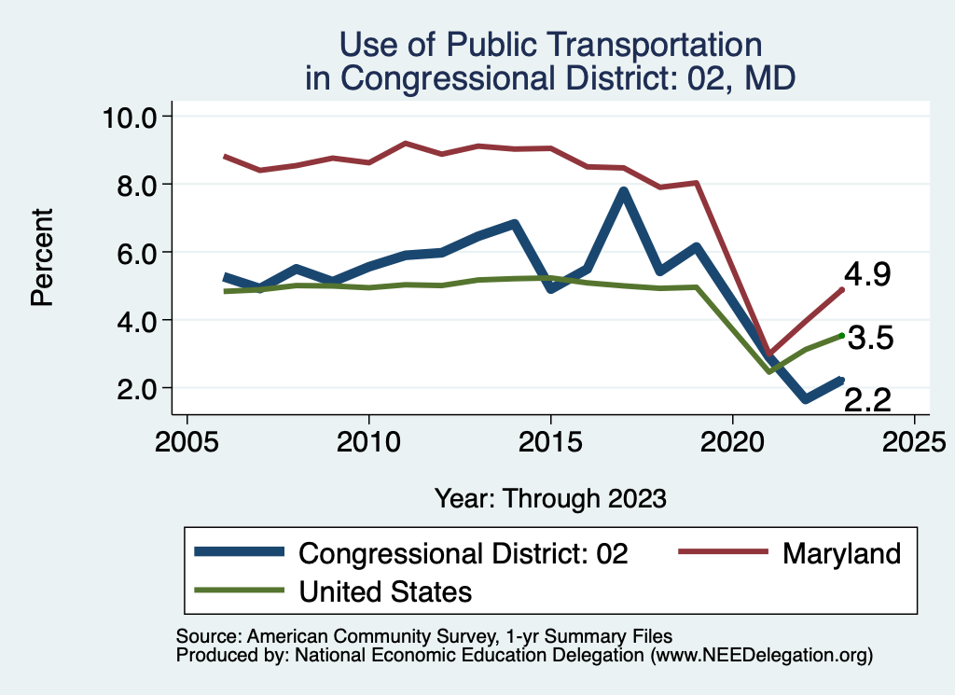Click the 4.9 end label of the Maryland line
tap(867, 275)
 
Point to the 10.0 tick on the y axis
tap(131, 117)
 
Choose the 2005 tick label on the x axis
tap(187, 439)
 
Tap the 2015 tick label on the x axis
tap(550, 439)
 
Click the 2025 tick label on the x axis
tap(914, 439)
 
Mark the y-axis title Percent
tap(41, 257)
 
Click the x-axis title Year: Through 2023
tap(550, 498)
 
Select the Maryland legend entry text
tap(841, 553)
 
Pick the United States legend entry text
tap(385, 591)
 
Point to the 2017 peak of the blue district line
tap(623, 192)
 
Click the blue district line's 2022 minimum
tap(805, 399)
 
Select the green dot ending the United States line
tap(841, 336)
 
